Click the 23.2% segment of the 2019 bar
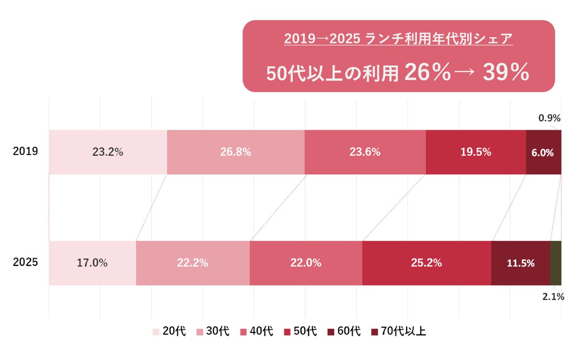(x=108, y=152)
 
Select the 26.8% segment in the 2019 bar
(x=236, y=152)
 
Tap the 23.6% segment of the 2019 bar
(x=365, y=152)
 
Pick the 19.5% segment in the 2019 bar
(x=476, y=152)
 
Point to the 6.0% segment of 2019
(x=543, y=152)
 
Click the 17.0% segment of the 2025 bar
(x=92, y=263)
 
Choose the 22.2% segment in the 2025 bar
(x=193, y=263)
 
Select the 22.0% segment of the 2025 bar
(x=306, y=263)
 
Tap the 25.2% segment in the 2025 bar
(x=427, y=263)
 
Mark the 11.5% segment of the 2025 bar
(x=521, y=263)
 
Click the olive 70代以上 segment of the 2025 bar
(x=556, y=263)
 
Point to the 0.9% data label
(x=549, y=118)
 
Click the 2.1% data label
(x=553, y=297)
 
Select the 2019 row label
(x=25, y=151)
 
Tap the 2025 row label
(x=25, y=262)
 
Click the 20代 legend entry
(x=169, y=331)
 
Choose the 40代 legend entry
(x=257, y=331)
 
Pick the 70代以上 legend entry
(x=399, y=331)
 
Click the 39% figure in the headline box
(x=506, y=72)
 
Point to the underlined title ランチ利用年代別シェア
(x=439, y=39)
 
